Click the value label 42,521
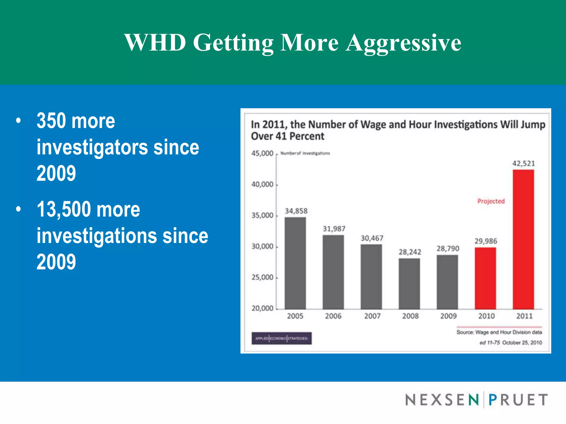pos(523,163)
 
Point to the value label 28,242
pos(410,252)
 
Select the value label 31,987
pos(334,229)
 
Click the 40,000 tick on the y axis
pos(262,184)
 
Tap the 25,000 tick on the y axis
pos(262,277)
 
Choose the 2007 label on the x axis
pos(372,316)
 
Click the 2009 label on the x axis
pos(448,316)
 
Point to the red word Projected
pos(491,201)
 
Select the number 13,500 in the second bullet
pos(64,209)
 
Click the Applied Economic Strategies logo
pos(281,338)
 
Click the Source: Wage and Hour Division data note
pos(499,332)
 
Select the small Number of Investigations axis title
pos(305,153)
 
